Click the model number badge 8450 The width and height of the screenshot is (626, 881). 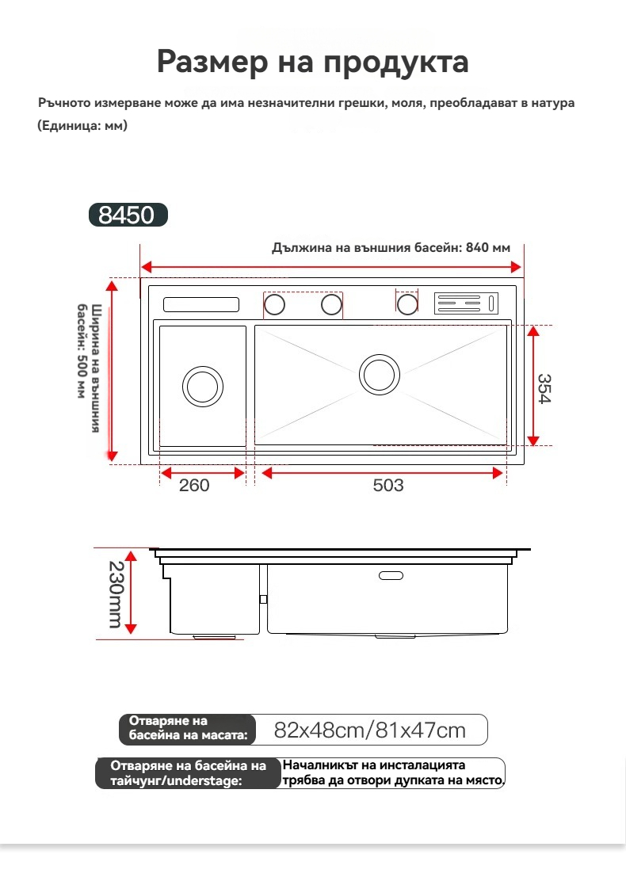click(x=128, y=215)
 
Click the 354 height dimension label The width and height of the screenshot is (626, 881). click(x=541, y=388)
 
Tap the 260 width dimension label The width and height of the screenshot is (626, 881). click(x=194, y=486)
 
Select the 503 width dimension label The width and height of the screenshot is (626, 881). click(x=388, y=486)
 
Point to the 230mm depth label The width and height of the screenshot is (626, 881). click(x=116, y=595)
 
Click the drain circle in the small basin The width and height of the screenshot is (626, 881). click(x=203, y=386)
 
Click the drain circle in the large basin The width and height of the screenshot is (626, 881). click(x=380, y=373)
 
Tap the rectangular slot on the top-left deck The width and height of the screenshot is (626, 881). click(x=201, y=304)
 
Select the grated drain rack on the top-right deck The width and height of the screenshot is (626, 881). click(x=467, y=303)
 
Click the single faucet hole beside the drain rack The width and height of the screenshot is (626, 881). click(x=407, y=303)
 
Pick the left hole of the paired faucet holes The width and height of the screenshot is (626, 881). click(x=274, y=304)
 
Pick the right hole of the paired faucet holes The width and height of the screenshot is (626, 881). click(x=332, y=304)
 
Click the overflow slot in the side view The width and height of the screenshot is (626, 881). click(x=391, y=574)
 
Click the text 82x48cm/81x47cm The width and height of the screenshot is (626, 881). click(x=369, y=730)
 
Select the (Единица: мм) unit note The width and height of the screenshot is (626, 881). click(x=82, y=126)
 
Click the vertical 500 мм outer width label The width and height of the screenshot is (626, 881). click(x=89, y=368)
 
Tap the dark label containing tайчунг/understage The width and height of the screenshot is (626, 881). click(x=188, y=773)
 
